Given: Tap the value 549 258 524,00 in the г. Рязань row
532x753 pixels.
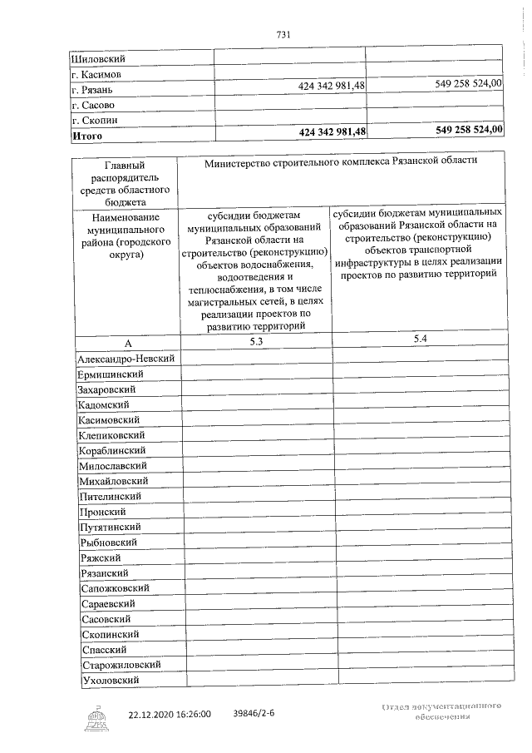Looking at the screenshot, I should [x=469, y=84].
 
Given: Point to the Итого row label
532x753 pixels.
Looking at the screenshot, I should [x=87, y=135].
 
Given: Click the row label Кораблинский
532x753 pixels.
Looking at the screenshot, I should [x=115, y=450].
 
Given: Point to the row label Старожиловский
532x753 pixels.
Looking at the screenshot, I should [x=121, y=666].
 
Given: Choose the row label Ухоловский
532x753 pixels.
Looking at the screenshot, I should [x=109, y=681].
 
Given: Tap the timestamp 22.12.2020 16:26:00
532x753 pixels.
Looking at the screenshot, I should [x=170, y=714].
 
